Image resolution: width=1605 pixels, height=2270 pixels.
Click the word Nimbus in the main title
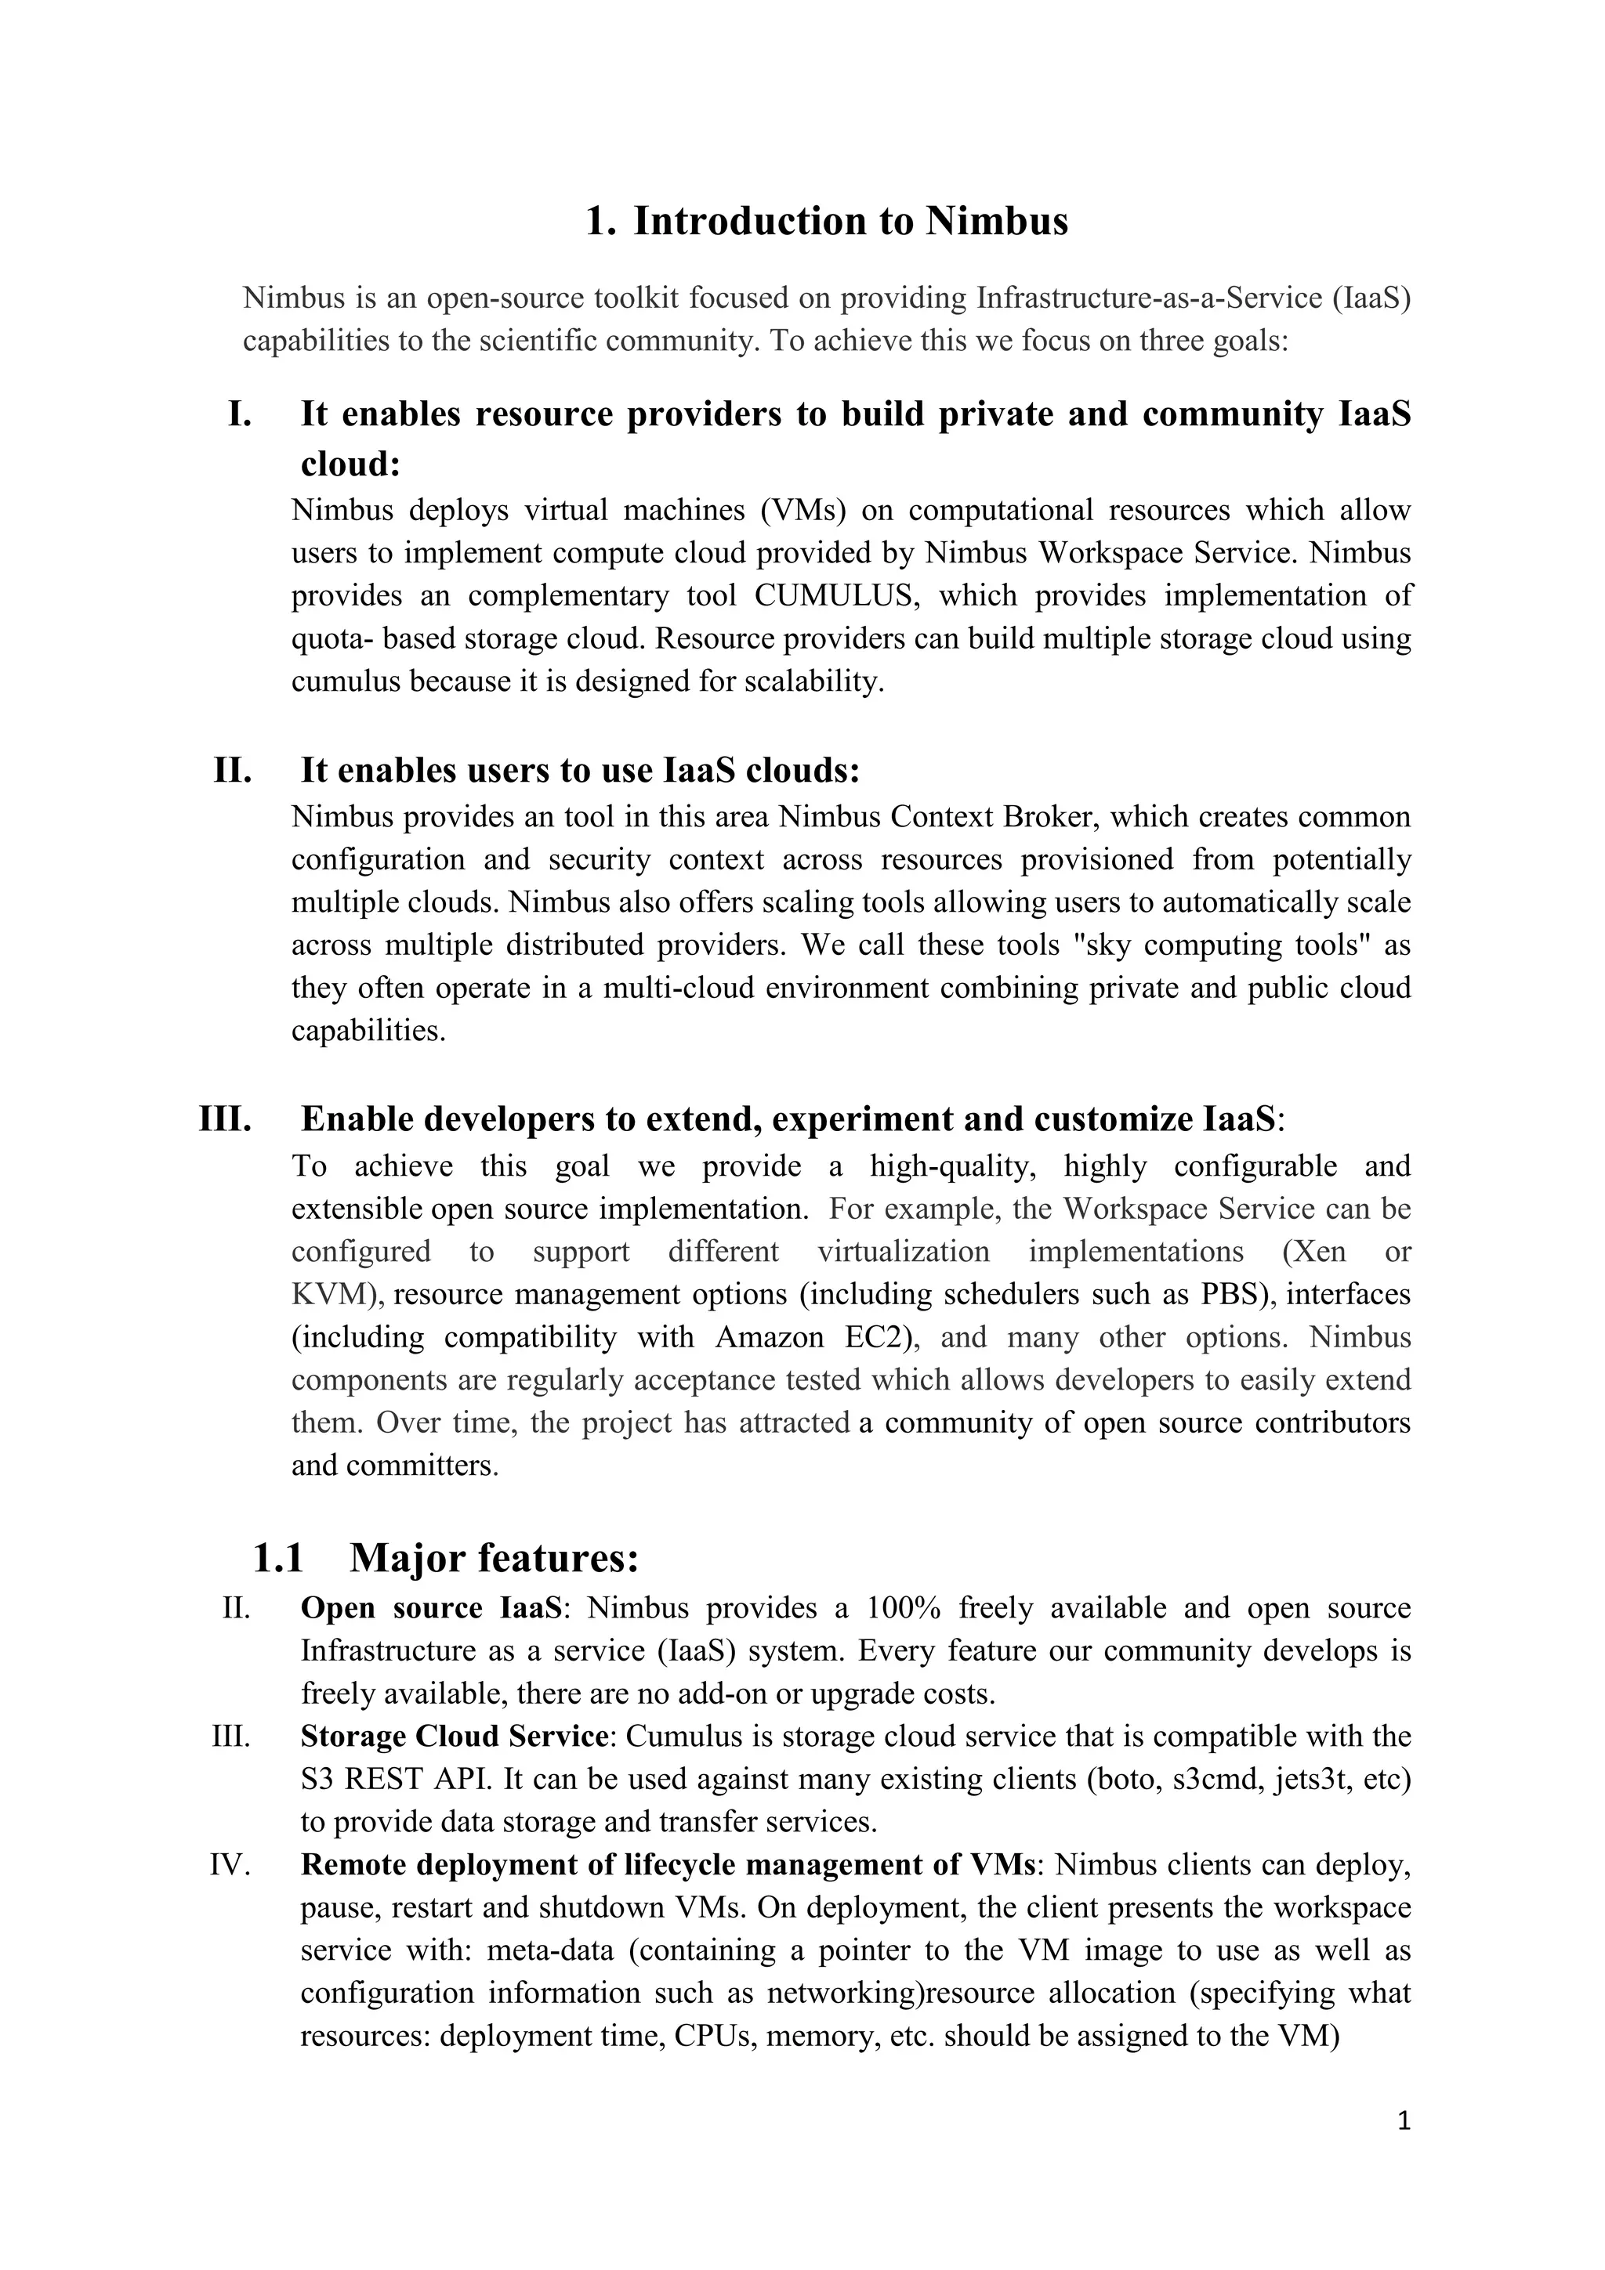tap(997, 220)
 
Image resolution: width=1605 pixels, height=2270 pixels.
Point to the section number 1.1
tap(278, 1558)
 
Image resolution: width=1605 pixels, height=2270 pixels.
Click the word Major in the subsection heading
tap(407, 1558)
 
